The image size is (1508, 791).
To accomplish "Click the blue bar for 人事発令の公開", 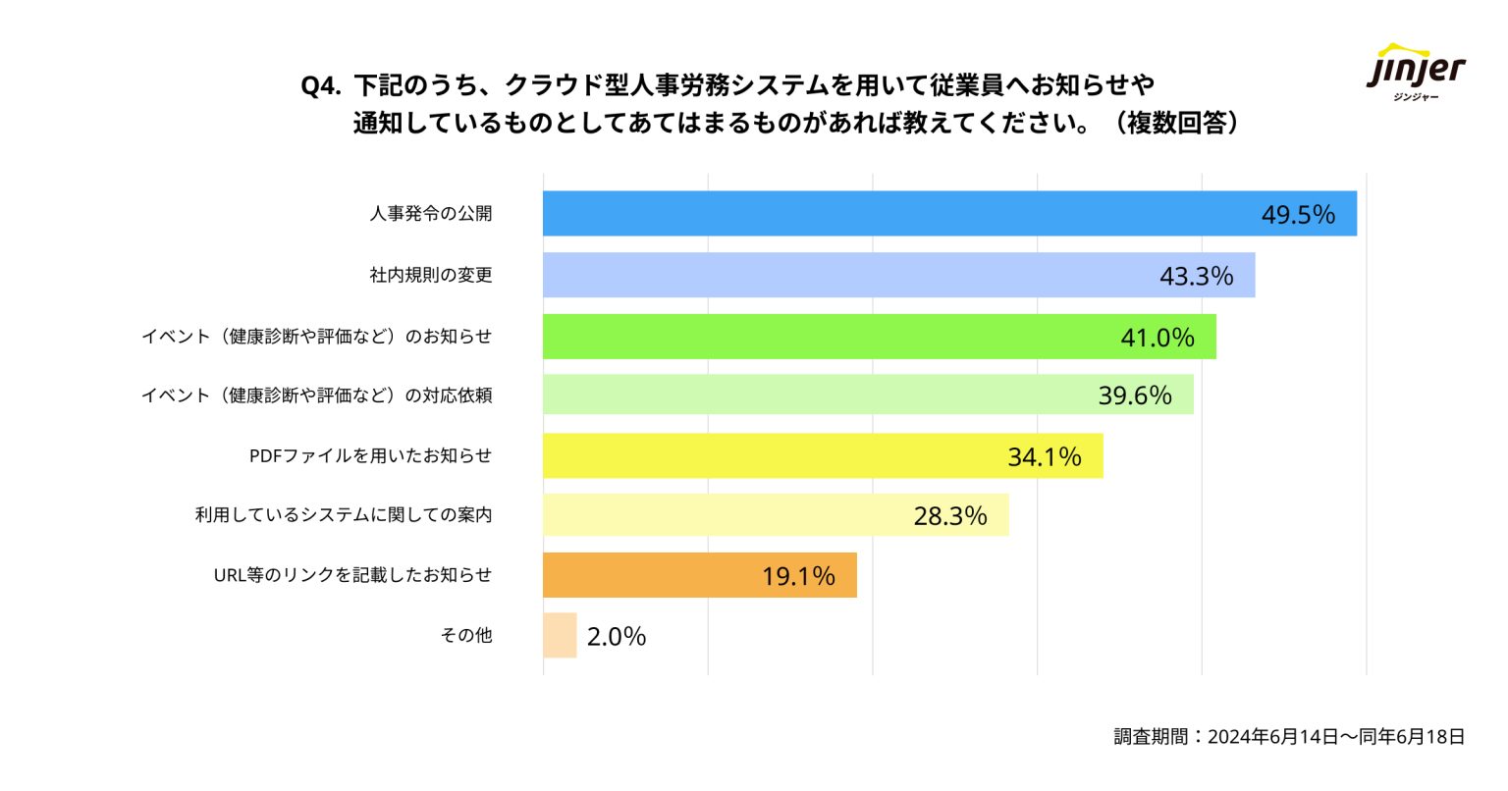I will click(884, 213).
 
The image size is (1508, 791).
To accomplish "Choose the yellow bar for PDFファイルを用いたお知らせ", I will click(766, 455).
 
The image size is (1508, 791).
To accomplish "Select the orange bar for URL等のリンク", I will click(648, 575).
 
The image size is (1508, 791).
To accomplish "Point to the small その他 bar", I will click(560, 635).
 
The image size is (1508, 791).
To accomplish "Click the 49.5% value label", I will click(1298, 215).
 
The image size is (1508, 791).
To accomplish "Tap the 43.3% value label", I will click(1196, 277).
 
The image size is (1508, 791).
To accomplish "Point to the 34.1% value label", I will click(1044, 457).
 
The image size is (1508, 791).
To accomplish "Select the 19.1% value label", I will click(798, 577).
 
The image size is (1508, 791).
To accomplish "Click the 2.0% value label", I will click(617, 637).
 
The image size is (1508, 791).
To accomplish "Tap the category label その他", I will click(466, 636).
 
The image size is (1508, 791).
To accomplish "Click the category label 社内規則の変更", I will click(431, 276).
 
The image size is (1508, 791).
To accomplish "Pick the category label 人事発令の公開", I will click(431, 214).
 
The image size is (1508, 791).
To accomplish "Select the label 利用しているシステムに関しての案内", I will click(344, 515).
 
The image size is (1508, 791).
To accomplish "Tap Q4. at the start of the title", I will click(320, 86).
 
